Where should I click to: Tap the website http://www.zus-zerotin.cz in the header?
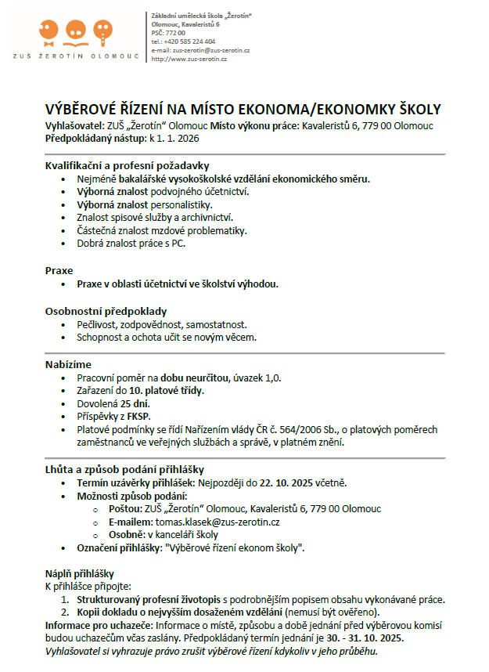(189, 59)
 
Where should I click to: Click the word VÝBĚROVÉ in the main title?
(87, 109)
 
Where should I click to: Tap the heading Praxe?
(59, 269)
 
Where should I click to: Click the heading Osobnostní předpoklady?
(106, 310)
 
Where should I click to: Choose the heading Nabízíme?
(68, 364)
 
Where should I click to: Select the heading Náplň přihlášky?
(80, 573)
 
